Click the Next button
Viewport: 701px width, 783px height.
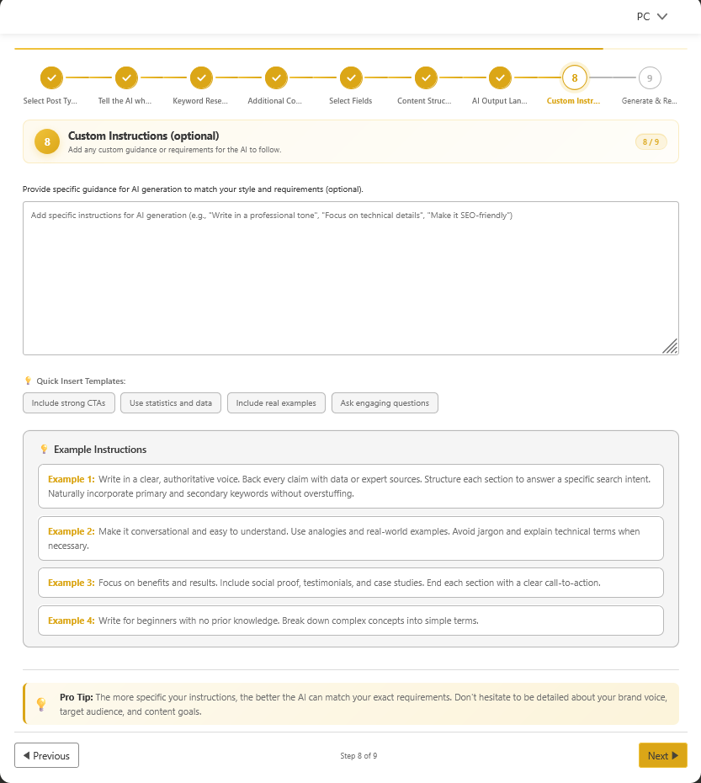[662, 755]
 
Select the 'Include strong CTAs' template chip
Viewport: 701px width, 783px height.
[68, 403]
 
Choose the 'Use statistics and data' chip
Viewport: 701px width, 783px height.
[171, 403]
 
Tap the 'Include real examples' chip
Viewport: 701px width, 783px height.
[276, 403]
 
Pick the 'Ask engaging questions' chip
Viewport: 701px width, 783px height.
[385, 403]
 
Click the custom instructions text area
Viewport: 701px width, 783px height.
[350, 278]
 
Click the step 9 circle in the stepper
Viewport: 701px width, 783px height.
[649, 78]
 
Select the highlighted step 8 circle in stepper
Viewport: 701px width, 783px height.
[575, 78]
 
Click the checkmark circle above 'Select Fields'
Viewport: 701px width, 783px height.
[351, 78]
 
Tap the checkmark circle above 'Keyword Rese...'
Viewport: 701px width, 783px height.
[201, 78]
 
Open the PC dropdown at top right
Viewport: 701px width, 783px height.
[651, 16]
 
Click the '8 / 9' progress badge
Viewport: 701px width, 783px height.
[651, 141]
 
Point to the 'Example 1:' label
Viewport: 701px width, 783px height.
[72, 479]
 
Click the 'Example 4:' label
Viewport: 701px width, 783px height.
[72, 621]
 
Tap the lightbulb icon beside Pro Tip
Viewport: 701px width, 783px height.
[40, 704]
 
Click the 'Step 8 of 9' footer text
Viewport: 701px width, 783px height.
[358, 756]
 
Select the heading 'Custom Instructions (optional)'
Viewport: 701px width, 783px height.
[143, 136]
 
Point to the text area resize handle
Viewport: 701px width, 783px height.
[670, 346]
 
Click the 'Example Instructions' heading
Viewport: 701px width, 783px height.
[100, 450]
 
